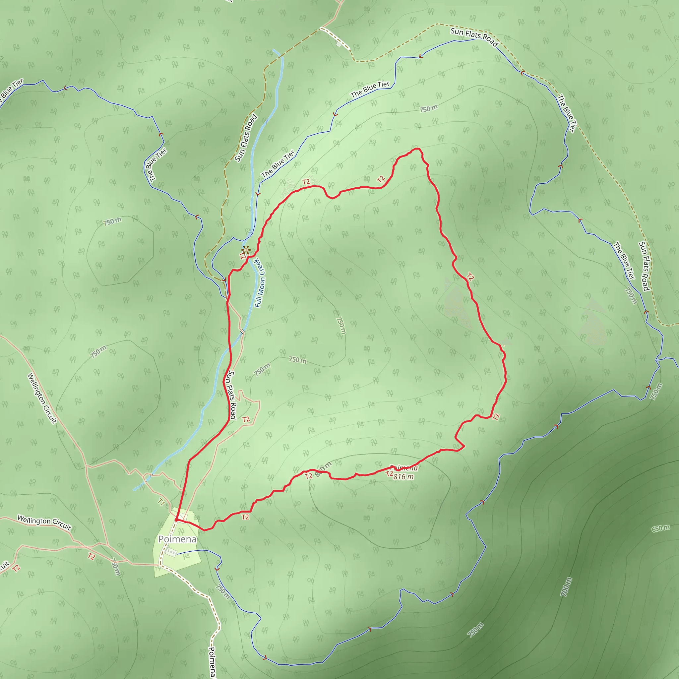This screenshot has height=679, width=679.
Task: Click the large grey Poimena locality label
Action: click(177, 539)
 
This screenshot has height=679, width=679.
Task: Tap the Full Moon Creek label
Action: click(260, 283)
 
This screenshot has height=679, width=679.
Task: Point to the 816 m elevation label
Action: click(403, 476)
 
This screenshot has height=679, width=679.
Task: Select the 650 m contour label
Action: click(661, 528)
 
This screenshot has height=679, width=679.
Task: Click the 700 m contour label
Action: click(566, 587)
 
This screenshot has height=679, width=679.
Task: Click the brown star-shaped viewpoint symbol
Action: click(246, 250)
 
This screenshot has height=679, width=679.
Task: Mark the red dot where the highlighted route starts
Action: click(176, 520)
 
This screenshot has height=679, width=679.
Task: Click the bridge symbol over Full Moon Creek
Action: click(242, 331)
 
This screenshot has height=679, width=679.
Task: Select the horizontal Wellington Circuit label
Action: click(44, 522)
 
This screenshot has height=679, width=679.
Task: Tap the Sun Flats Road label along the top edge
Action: click(474, 37)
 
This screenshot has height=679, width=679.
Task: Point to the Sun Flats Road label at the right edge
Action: click(644, 266)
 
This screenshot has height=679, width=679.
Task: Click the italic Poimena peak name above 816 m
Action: click(404, 468)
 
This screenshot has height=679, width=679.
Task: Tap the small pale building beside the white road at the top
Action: click(339, 44)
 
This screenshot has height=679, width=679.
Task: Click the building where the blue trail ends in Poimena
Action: click(171, 552)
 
